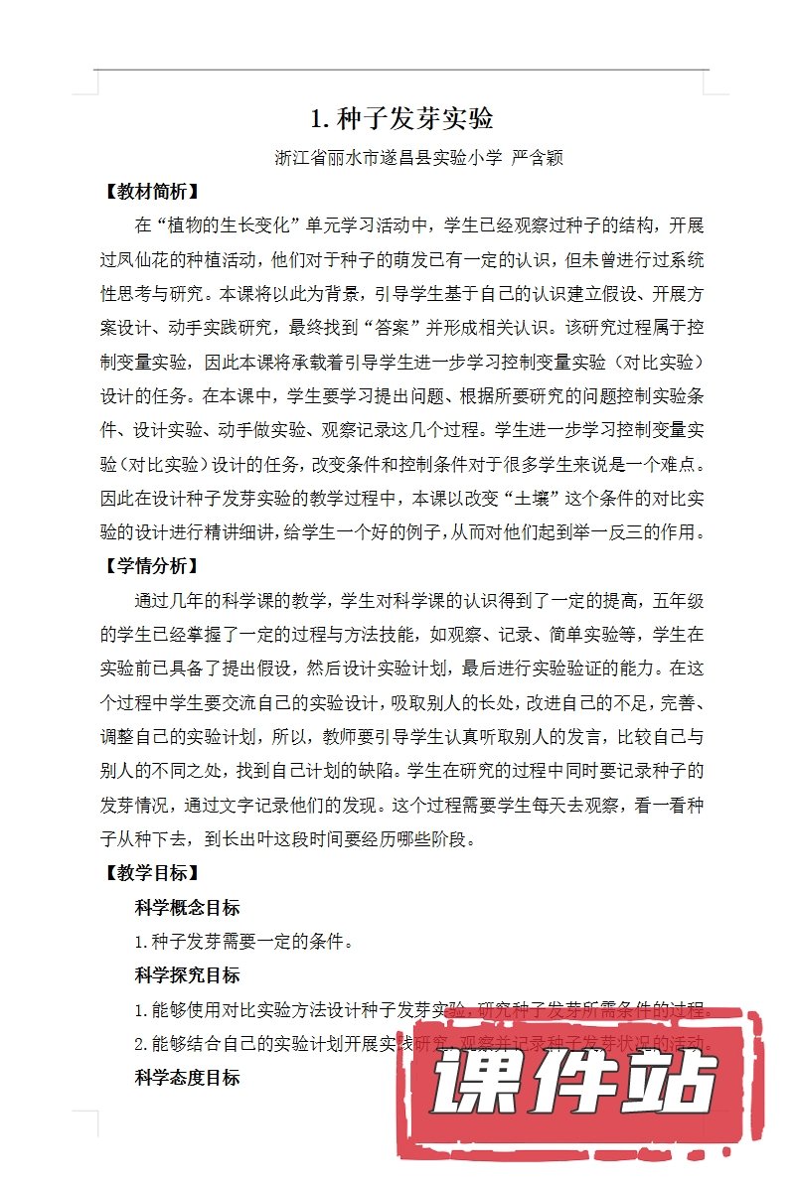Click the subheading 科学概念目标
[187, 907]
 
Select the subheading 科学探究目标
[187, 974]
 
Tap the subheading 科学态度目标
[187, 1077]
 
